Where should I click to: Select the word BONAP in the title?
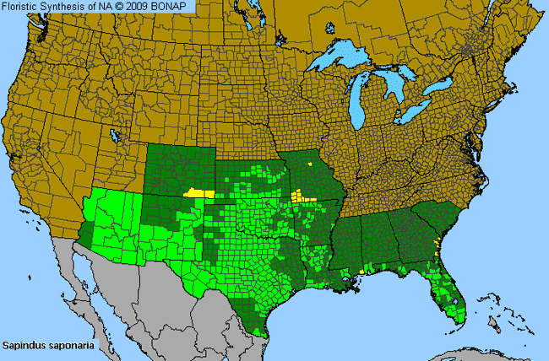[x=176, y=7]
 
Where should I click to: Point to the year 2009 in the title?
[x=145, y=7]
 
